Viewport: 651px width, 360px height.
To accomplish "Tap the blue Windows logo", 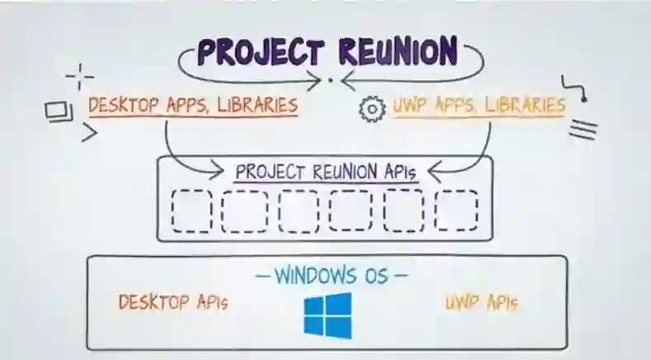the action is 327,315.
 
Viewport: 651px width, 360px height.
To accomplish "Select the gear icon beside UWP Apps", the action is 373,108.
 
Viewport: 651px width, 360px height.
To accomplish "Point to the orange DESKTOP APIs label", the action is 172,302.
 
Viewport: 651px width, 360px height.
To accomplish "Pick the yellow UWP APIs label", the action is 482,303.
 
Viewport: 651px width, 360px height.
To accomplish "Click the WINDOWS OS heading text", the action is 329,274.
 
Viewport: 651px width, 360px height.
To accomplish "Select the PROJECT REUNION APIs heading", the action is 327,173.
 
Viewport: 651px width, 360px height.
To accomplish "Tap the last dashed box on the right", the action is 456,211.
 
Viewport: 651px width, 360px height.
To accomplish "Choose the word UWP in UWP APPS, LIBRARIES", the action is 408,106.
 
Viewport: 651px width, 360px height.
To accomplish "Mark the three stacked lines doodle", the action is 583,129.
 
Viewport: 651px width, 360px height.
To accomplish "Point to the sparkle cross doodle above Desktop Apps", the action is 79,77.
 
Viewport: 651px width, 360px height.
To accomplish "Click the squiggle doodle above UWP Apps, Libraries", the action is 574,89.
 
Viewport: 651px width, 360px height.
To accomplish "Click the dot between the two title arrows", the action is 330,80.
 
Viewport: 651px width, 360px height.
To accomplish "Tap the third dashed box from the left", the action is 299,211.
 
